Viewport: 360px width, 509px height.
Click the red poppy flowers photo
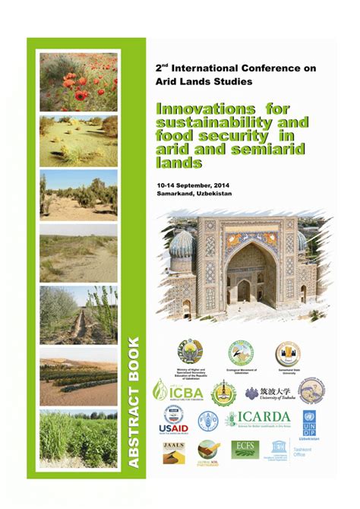click(78, 82)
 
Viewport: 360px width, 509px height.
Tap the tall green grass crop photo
click(78, 438)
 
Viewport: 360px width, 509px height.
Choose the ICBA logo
click(178, 390)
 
